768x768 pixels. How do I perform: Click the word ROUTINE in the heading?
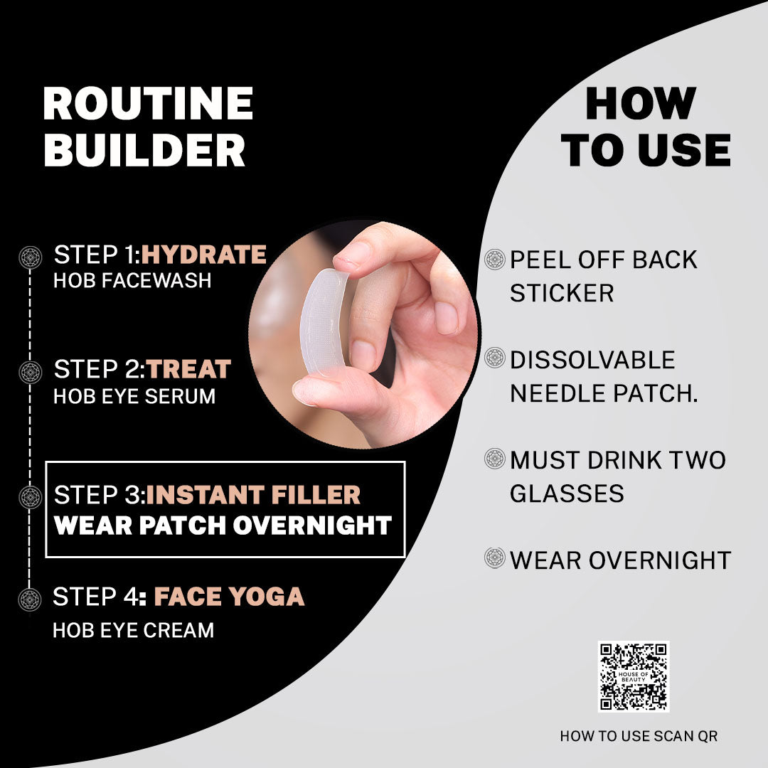tap(148, 103)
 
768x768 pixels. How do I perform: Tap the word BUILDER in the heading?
tap(144, 150)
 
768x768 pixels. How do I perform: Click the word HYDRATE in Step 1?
tap(204, 255)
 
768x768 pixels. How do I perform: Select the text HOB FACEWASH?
tap(132, 281)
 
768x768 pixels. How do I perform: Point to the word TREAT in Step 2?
tap(188, 369)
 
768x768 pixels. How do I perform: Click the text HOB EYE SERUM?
tap(134, 396)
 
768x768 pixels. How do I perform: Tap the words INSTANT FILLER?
tap(253, 495)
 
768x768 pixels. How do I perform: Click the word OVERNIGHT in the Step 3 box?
tap(312, 526)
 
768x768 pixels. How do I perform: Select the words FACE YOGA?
tap(229, 597)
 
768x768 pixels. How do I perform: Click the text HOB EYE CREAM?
tap(133, 630)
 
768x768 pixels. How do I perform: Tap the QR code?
tap(634, 676)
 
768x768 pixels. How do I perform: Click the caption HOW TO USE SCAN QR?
tap(639, 736)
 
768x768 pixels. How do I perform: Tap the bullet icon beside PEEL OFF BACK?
tap(495, 259)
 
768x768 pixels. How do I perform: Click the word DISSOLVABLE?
tap(592, 360)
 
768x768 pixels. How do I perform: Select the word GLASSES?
tap(567, 494)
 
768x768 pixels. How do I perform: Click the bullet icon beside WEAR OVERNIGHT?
tap(495, 558)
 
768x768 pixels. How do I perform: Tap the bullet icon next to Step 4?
tap(30, 599)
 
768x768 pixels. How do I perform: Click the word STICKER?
tap(562, 294)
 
